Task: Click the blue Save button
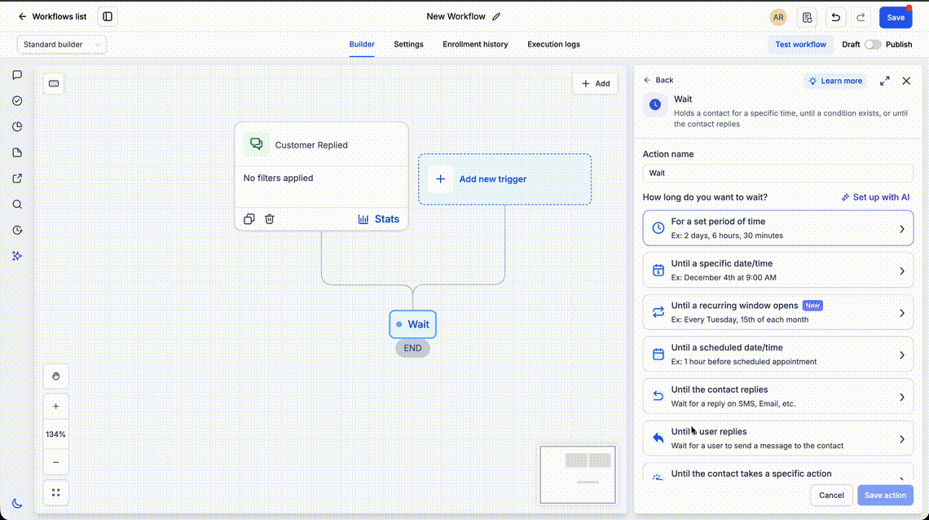coord(896,17)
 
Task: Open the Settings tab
coord(408,44)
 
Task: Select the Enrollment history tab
coord(475,44)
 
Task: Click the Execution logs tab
coord(553,44)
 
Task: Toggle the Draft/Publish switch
coord(873,44)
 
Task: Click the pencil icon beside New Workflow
coord(496,16)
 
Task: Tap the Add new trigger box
coord(504,179)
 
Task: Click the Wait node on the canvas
coord(413,324)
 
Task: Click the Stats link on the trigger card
coord(379,219)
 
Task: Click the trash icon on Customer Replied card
coord(270,219)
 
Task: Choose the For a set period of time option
coord(778,228)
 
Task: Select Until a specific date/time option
coord(778,270)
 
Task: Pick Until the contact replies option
coord(778,396)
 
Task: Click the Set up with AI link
coord(876,197)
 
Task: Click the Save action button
coord(885,495)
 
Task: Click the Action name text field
coord(778,173)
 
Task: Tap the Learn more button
coord(835,82)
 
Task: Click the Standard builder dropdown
coord(62,44)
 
